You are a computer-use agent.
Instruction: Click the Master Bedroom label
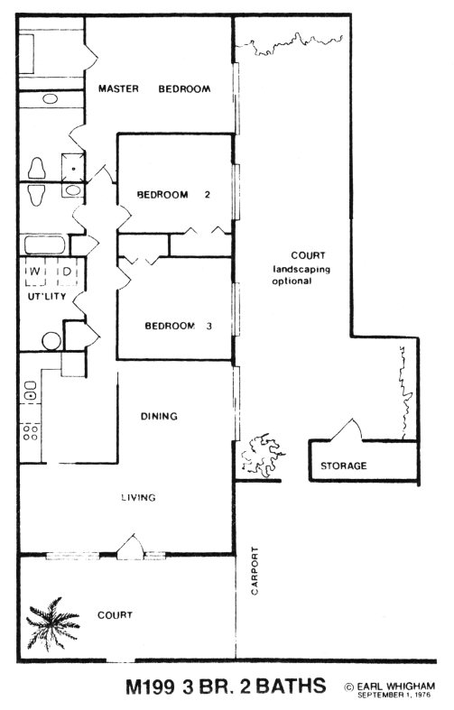coord(154,88)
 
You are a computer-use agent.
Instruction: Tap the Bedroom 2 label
coord(173,195)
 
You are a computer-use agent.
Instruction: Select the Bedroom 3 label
coord(178,326)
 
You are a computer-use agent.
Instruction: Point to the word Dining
coord(159,416)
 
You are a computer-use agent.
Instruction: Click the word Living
coord(138,497)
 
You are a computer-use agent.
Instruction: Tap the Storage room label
coord(344,466)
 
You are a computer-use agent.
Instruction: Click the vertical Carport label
coord(255,570)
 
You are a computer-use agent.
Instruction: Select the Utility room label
coord(47,297)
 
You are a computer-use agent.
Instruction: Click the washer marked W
coord(35,272)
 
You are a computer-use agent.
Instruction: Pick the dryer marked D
coord(67,272)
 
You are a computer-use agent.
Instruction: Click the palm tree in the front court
coord(51,623)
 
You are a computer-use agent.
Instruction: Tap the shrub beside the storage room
coord(262,455)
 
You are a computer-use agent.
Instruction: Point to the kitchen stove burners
coord(31,432)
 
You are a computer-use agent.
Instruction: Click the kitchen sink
coord(31,391)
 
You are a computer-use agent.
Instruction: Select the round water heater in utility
coord(51,341)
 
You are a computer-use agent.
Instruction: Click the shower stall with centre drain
coord(72,168)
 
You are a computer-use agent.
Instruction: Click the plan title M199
coord(150,686)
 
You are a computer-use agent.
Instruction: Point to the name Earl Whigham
coord(395,687)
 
